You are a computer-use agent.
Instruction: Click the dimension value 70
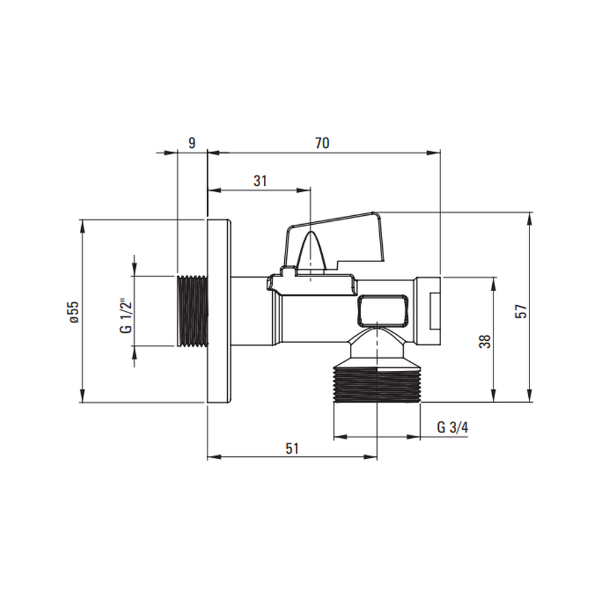[322, 143]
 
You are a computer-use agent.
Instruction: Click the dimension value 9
[192, 143]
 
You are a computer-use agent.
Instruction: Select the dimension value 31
[260, 180]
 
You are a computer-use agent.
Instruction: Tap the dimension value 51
[291, 448]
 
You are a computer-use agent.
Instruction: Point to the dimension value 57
[521, 311]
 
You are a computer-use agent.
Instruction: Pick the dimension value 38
[485, 341]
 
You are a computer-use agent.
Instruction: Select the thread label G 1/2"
[126, 316]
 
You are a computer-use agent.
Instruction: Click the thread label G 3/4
[453, 427]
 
